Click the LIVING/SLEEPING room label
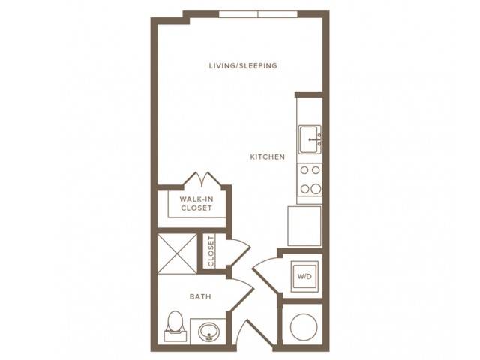(x=243, y=65)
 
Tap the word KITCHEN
(x=268, y=157)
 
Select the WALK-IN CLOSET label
(x=196, y=203)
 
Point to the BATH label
(x=200, y=296)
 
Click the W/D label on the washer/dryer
(x=304, y=276)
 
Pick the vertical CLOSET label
(x=211, y=251)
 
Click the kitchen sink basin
(x=310, y=139)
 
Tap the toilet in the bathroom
(x=175, y=325)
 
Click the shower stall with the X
(x=177, y=253)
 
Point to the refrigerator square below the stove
(x=304, y=226)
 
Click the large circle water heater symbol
(x=304, y=327)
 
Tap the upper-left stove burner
(x=304, y=170)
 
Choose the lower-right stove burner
(x=316, y=189)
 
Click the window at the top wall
(x=258, y=14)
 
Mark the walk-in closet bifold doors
(x=202, y=178)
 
